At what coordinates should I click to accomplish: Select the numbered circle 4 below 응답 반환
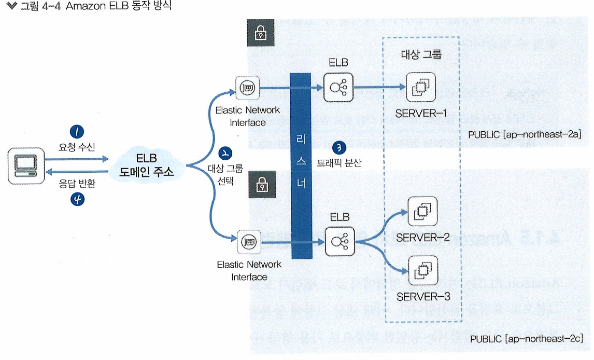coord(79,200)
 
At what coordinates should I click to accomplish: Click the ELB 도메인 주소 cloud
coord(147,165)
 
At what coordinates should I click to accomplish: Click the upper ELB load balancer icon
coord(338,87)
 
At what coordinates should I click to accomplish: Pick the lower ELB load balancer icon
coord(340,241)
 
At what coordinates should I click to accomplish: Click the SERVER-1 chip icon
coord(421,88)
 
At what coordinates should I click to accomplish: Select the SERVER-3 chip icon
coord(422,270)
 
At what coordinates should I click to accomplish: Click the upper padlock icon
coord(260,34)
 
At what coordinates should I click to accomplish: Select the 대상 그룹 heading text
coord(421,55)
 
